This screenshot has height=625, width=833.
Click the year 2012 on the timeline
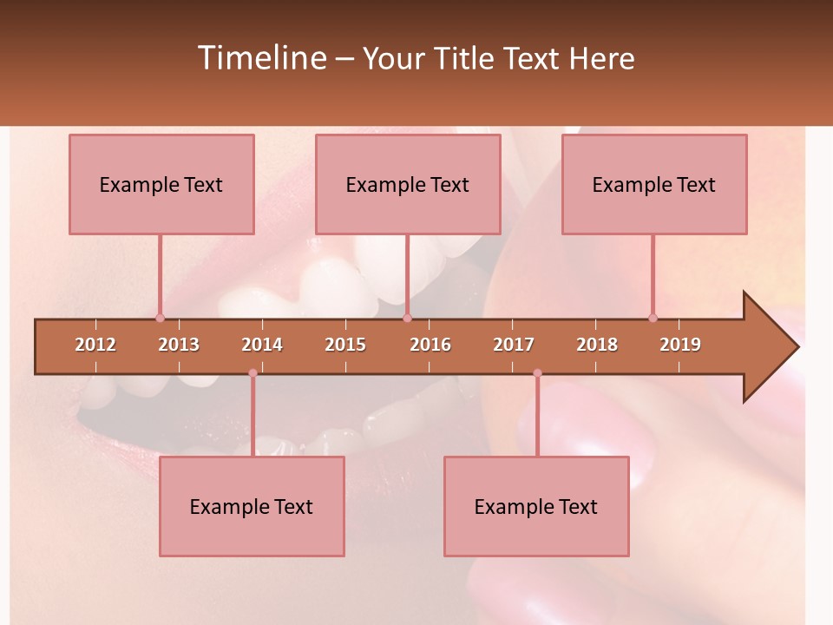95,345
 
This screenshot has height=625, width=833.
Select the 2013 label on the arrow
179,345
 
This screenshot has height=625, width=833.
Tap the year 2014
262,345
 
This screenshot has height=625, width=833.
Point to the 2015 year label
345,345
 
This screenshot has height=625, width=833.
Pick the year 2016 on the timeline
430,345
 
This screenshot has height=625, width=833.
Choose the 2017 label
514,345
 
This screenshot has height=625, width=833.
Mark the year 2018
597,345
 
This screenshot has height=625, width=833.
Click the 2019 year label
680,345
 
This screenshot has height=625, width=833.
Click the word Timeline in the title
261,58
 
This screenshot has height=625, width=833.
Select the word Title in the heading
465,58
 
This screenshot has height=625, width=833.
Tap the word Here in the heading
601,58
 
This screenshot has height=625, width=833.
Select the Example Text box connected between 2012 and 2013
161,184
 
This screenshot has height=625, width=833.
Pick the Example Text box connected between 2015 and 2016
408,184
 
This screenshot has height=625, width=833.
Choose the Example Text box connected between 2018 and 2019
654,184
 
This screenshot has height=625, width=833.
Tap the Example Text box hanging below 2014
252,506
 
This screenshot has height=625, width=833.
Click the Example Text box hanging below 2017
536,506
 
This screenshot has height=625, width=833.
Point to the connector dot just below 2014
253,373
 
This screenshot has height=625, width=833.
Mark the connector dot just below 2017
537,373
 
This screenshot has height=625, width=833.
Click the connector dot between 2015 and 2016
407,318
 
